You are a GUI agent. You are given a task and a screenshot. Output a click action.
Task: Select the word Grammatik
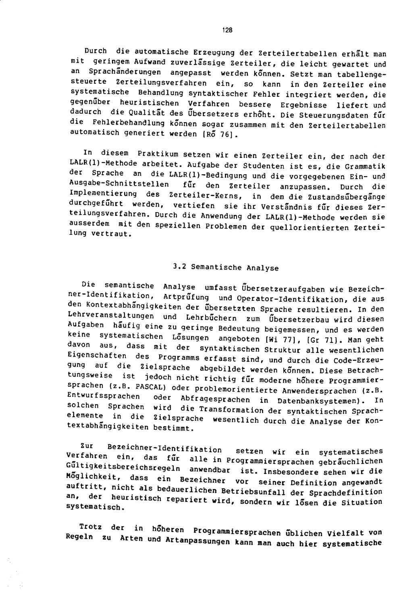click(365, 166)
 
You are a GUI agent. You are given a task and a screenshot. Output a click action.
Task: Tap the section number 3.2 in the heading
click(179, 267)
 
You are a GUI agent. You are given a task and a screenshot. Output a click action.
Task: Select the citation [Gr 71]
click(328, 340)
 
